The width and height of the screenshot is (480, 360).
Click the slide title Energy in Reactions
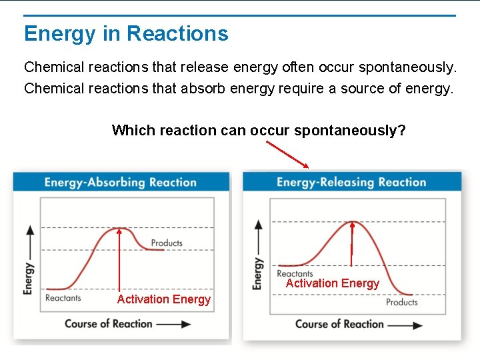point(126,33)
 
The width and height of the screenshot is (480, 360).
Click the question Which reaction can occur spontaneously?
point(259,130)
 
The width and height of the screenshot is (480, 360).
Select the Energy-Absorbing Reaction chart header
point(121,182)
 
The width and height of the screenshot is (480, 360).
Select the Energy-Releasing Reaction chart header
point(351,182)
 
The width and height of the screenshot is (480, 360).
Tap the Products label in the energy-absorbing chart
point(167,243)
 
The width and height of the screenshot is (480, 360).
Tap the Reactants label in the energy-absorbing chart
point(63,298)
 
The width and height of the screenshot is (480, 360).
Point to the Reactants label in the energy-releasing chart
point(295,273)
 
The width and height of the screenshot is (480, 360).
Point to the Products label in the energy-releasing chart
point(401,302)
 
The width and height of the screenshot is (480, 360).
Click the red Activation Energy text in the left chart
point(163,299)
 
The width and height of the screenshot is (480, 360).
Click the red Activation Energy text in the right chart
point(332,283)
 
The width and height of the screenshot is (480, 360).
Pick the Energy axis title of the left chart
point(29,278)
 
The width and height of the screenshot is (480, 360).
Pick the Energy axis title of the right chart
point(257,273)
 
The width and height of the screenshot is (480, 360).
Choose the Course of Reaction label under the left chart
point(109,324)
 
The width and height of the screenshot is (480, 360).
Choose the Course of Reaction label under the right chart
point(339,324)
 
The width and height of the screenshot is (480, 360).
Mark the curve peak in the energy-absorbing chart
point(119,229)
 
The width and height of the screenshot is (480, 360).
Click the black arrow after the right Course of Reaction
point(405,325)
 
